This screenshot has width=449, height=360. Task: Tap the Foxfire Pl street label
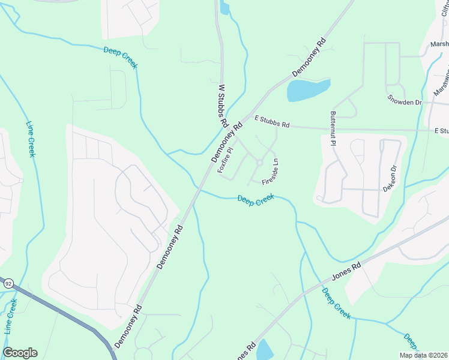[x=226, y=161]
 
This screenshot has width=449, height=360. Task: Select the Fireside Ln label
[x=270, y=171]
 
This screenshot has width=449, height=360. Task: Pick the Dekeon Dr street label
[x=391, y=179]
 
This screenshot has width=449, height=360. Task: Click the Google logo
[x=20, y=353]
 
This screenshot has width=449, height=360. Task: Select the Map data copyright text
[x=423, y=355]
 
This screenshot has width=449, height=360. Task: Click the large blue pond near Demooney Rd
[x=308, y=90]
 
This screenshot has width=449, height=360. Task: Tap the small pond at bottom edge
[x=265, y=350]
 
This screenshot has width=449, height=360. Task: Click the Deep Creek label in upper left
[x=120, y=58]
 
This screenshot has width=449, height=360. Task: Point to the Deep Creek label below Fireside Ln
[x=256, y=200]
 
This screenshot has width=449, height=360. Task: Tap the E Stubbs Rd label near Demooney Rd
[x=272, y=122]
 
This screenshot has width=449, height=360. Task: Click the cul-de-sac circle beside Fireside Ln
[x=259, y=162]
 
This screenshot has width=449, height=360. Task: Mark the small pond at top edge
[x=224, y=8]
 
